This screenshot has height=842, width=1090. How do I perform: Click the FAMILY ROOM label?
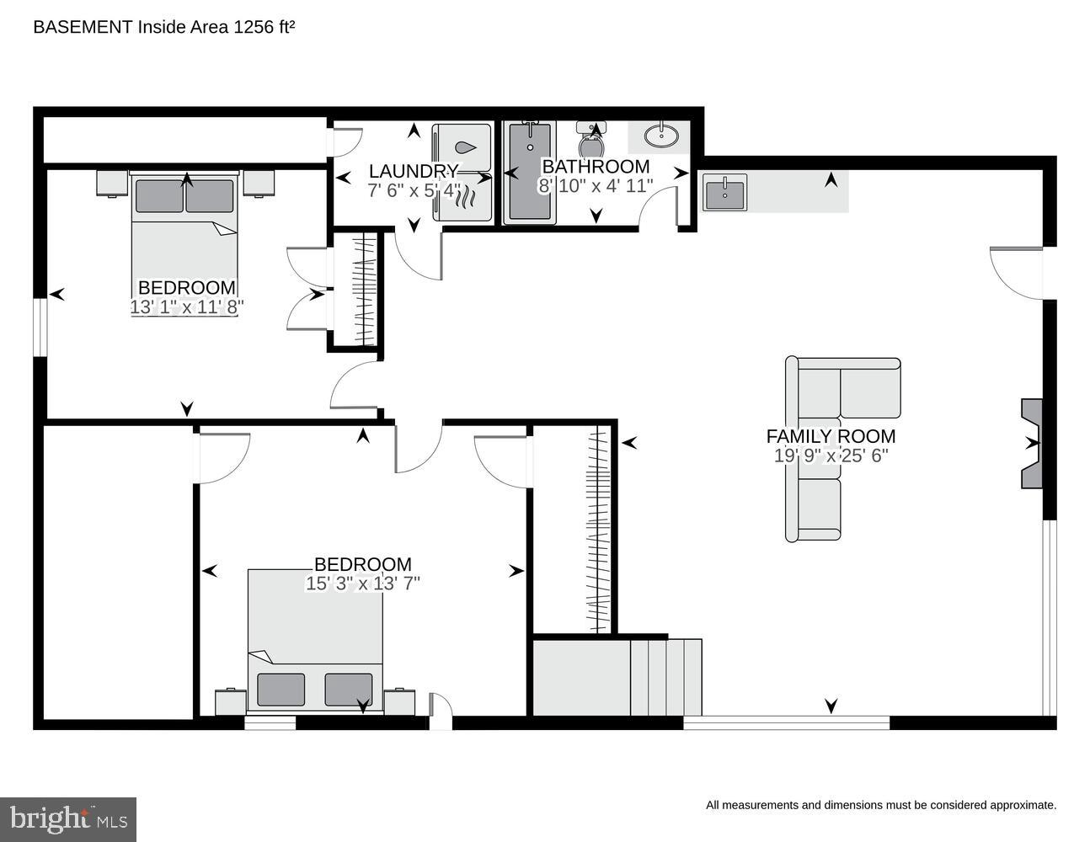(x=831, y=436)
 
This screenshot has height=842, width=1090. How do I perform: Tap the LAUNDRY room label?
(x=414, y=172)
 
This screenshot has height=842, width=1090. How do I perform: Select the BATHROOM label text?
(x=596, y=167)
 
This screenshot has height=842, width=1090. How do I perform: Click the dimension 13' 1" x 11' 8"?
(x=186, y=307)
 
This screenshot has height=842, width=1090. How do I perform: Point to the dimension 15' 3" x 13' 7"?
(x=362, y=583)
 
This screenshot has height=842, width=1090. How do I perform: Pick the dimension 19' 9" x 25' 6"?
(x=831, y=456)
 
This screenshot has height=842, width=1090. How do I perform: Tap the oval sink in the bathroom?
(x=662, y=135)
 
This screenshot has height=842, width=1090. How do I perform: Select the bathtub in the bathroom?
(x=530, y=173)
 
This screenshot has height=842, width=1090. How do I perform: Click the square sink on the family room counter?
(x=724, y=192)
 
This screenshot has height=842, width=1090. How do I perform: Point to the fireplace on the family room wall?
(x=1031, y=443)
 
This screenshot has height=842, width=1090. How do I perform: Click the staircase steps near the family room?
(x=665, y=676)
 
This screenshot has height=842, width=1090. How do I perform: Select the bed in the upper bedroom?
(x=184, y=226)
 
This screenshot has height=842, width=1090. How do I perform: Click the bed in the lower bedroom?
(x=315, y=640)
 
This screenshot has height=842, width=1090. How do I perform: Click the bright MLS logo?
(x=68, y=819)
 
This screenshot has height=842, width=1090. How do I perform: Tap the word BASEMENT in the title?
(x=83, y=27)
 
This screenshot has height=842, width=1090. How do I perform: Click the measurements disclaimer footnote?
(x=880, y=805)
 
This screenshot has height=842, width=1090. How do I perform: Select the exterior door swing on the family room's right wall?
(x=1016, y=271)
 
